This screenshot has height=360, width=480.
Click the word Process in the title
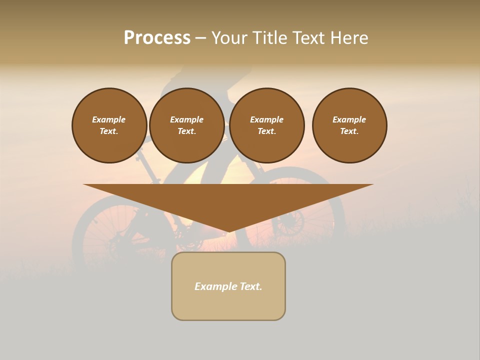pos(157,38)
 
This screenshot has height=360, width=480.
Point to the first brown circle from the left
pos(109,125)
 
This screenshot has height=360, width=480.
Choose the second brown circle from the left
pos(186,125)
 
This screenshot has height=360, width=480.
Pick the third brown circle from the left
pos(266,125)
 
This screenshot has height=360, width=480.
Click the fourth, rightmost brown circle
pos(349,125)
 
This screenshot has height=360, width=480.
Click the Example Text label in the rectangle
pos(228,286)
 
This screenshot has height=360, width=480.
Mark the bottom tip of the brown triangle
pos(228,231)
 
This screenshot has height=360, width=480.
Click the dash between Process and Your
pos(200,38)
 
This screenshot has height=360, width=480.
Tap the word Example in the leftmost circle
pos(109,119)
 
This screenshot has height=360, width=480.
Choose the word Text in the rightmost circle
pos(349,131)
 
